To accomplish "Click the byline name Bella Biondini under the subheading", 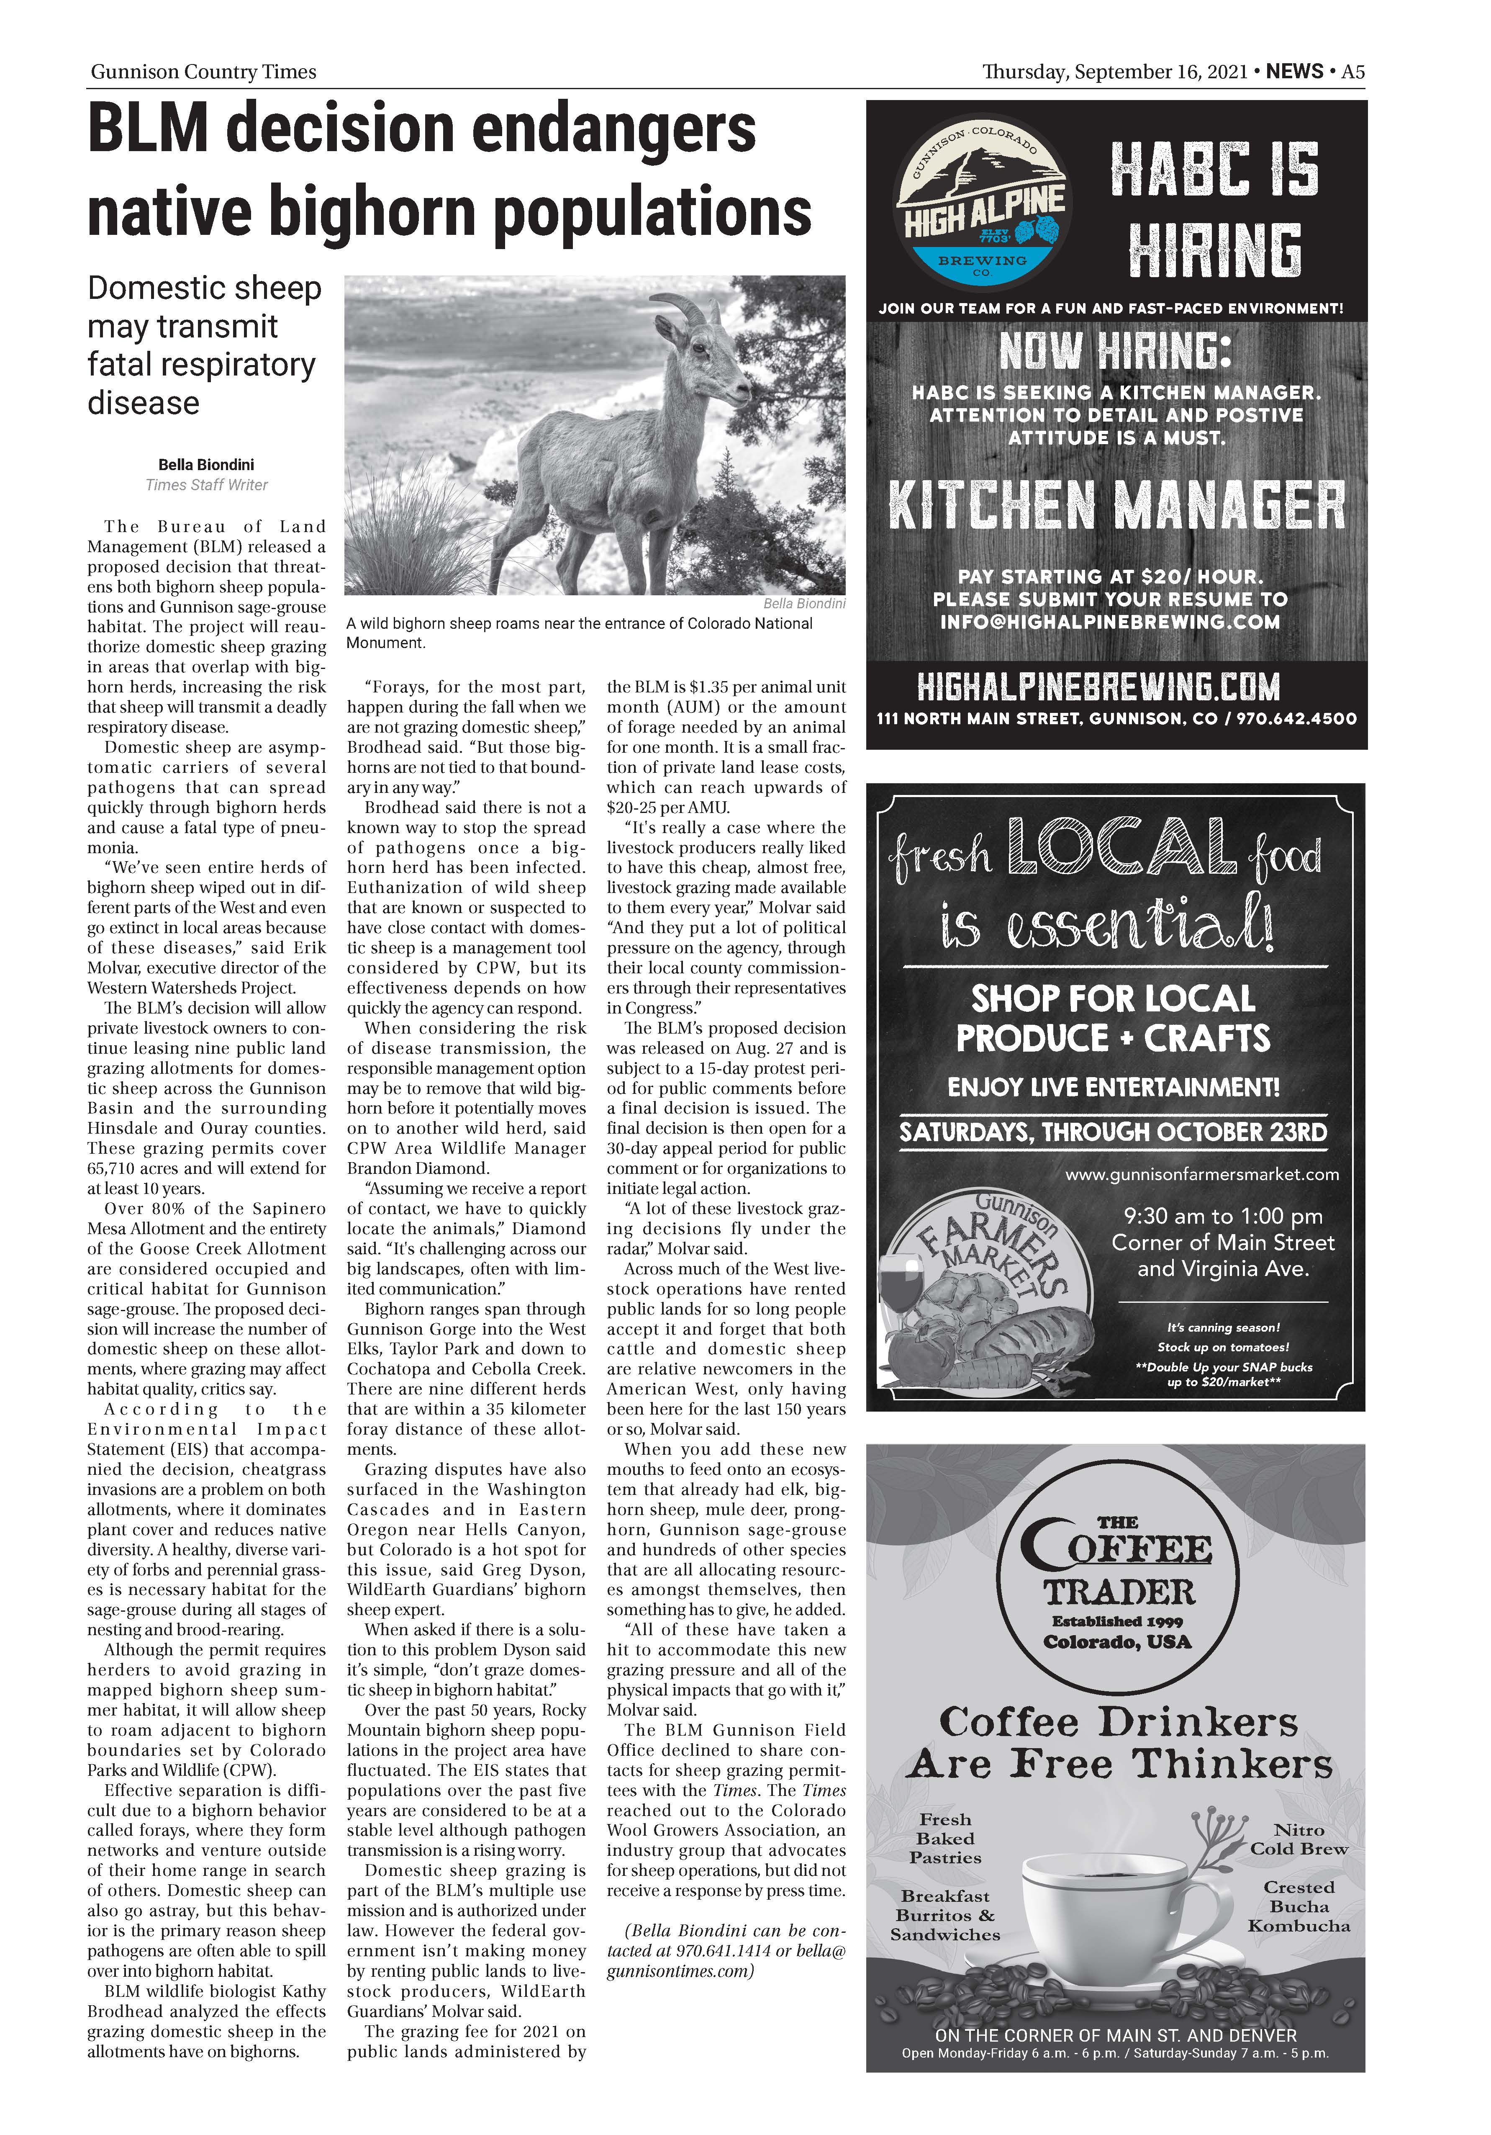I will tap(205, 465).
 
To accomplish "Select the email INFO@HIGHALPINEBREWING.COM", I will tap(1110, 622).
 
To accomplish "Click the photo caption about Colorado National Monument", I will tap(579, 632).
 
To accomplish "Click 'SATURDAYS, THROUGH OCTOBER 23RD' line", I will tap(1113, 1132).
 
